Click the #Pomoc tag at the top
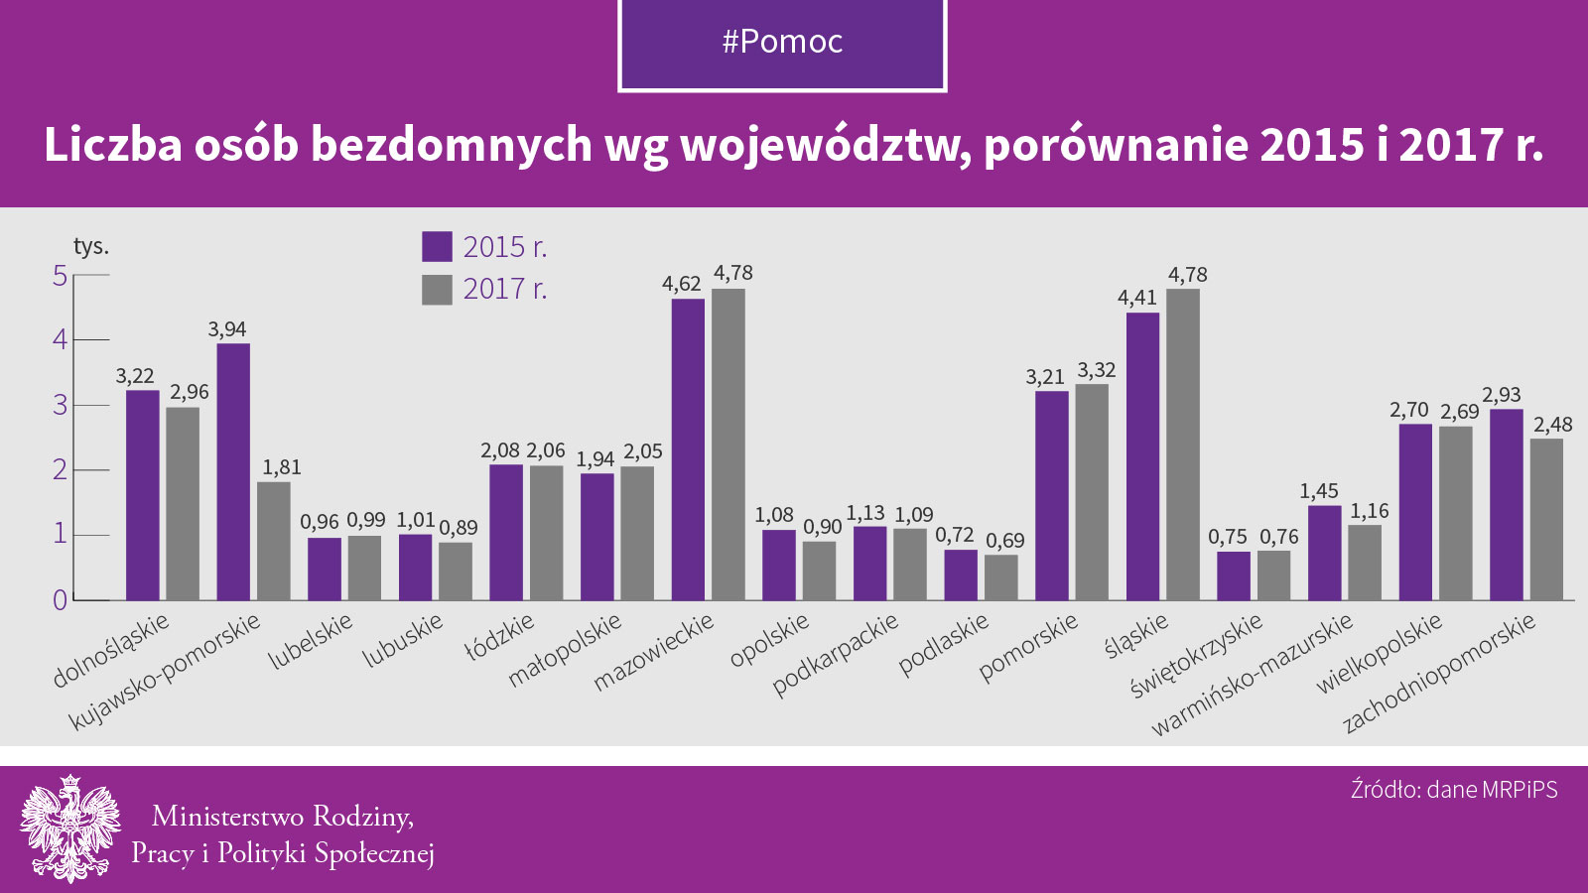[782, 42]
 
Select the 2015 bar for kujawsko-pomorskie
[233, 471]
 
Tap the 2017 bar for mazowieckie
[728, 445]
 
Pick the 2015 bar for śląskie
[1142, 456]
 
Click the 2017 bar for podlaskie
[1001, 577]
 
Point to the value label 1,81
[282, 467]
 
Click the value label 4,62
[682, 284]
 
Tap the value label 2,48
[1553, 425]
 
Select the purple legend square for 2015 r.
[437, 246]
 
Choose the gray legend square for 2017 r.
[437, 289]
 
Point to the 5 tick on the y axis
[61, 275]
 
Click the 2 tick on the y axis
[61, 469]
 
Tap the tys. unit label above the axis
[91, 246]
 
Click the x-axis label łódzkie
[500, 638]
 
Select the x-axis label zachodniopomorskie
[1439, 673]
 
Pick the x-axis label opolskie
[769, 641]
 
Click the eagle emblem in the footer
[69, 829]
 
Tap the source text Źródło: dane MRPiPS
[1454, 790]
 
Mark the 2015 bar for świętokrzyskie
[1234, 575]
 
